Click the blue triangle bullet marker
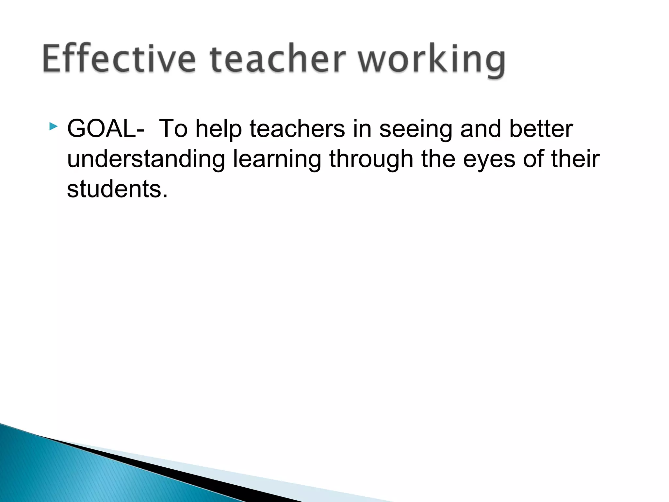[x=53, y=126]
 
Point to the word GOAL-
[x=106, y=129]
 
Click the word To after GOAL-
[x=173, y=129]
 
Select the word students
[x=117, y=189]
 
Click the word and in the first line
[x=480, y=129]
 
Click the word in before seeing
[x=362, y=129]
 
